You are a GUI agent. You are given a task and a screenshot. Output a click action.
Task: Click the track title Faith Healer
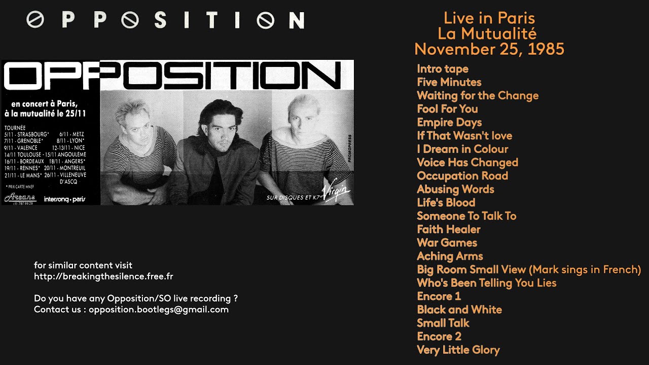(x=448, y=229)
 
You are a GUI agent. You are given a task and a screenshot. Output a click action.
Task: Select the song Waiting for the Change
(x=477, y=95)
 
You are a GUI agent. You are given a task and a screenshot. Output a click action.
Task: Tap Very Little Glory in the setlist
(x=458, y=350)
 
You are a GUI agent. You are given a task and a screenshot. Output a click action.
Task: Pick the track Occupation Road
(x=462, y=175)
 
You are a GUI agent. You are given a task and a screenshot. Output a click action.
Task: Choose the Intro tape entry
(x=442, y=68)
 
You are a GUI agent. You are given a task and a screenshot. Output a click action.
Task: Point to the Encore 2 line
(x=439, y=336)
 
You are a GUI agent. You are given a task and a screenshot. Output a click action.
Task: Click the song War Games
(x=447, y=242)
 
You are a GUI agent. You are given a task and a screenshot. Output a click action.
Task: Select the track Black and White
(x=459, y=309)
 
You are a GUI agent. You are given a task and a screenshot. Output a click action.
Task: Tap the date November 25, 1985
(x=489, y=49)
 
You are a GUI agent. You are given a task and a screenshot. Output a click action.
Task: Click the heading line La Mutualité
(x=487, y=33)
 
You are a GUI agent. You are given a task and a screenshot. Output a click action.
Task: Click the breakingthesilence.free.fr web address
(x=103, y=276)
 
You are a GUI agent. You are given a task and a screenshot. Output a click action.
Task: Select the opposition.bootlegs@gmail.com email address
(x=159, y=309)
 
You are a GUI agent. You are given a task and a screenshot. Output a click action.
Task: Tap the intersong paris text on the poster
(x=64, y=199)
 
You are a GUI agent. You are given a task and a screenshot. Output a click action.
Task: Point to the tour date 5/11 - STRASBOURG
(x=26, y=134)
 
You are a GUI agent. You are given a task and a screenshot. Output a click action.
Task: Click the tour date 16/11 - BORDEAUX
(x=23, y=161)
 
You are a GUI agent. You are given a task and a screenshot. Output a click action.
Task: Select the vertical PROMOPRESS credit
(x=349, y=149)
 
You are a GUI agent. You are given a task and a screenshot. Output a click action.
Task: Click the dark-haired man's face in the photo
(x=219, y=127)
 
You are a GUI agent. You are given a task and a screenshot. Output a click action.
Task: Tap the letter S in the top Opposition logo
(x=160, y=20)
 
